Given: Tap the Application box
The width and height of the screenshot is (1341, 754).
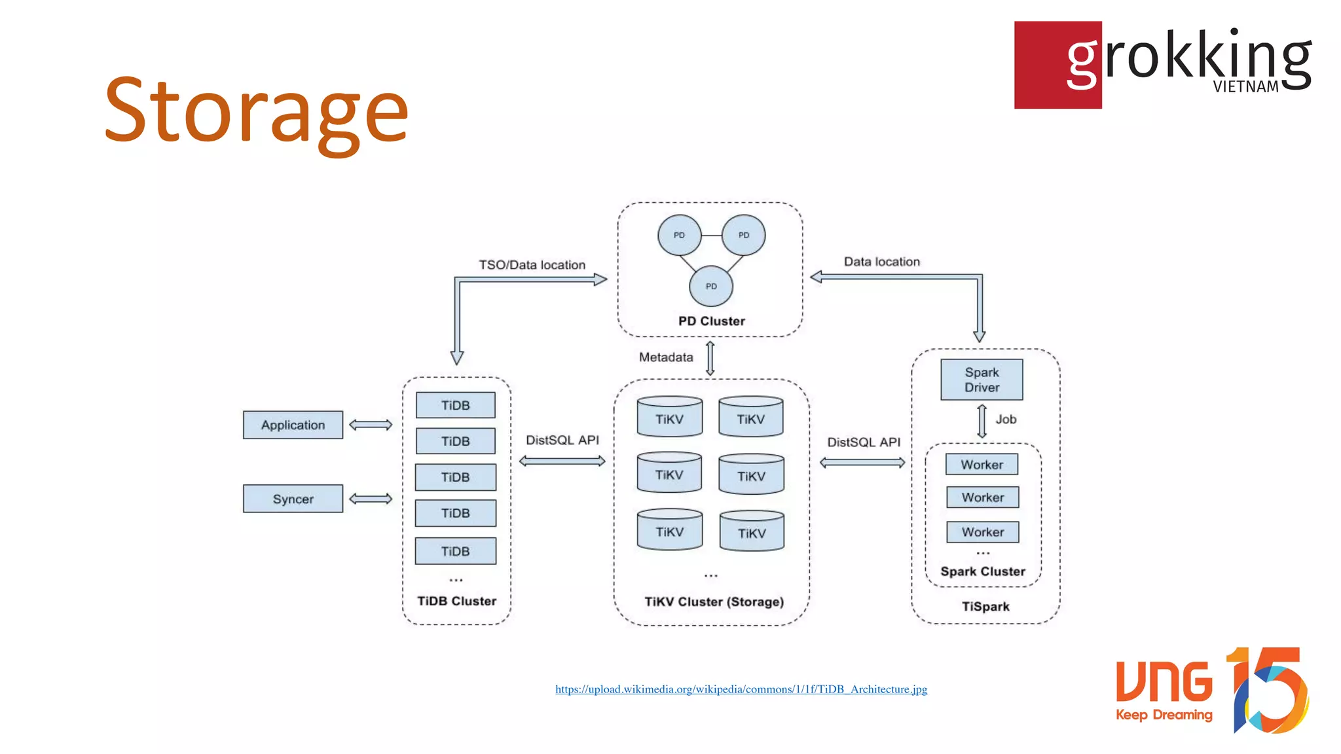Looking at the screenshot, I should tap(293, 425).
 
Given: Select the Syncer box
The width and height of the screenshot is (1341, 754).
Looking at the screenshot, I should tap(293, 499).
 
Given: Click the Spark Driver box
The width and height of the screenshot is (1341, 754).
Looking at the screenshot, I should tap(982, 380).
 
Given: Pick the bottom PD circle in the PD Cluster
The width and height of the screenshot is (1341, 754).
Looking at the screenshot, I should tap(711, 286).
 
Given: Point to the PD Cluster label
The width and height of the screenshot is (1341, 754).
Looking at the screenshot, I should tap(712, 321).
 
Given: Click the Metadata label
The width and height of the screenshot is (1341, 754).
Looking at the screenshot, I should tap(666, 357).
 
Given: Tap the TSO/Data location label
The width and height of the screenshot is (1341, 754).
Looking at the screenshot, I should tap(532, 265).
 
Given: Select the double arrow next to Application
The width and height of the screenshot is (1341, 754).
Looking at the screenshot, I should tap(371, 425).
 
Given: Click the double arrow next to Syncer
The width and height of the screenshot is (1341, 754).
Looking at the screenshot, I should tap(371, 499).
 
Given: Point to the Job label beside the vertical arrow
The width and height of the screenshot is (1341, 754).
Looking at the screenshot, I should tap(1006, 420).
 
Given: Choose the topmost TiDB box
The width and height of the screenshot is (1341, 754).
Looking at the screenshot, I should tap(455, 405).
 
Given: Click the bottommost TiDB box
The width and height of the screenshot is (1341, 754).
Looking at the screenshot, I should tap(455, 551).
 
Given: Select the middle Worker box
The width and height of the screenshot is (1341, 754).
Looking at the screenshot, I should tap(982, 497).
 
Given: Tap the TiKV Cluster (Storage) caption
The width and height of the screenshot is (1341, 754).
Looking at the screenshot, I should tap(714, 601).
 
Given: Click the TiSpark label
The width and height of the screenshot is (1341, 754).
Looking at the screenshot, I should tap(985, 607).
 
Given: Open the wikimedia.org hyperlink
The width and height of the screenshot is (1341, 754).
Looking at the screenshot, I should tap(741, 689).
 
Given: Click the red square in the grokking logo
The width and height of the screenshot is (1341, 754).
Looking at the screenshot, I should tap(1041, 65).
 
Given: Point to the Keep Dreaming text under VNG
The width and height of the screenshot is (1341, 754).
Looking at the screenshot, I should tap(1164, 715).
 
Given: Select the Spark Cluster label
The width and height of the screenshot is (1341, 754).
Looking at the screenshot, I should tap(983, 571).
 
